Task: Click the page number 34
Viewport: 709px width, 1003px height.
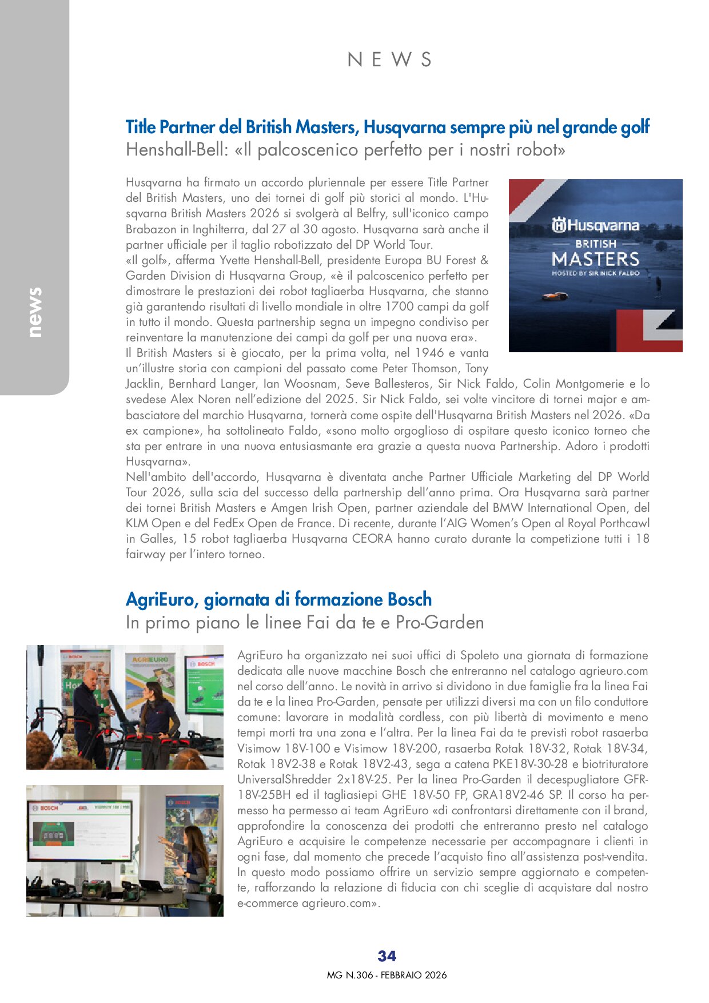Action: tap(387, 956)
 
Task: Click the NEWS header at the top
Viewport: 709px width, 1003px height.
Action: tap(389, 59)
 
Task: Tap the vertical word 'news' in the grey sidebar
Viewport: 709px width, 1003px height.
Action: tap(35, 312)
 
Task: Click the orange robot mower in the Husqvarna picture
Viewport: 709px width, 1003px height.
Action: tap(555, 296)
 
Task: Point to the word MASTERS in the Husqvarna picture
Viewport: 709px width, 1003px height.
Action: tap(595, 259)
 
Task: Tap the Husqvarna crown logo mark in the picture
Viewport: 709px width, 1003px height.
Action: tap(559, 225)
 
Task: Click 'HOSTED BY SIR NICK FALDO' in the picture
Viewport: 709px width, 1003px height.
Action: tap(595, 273)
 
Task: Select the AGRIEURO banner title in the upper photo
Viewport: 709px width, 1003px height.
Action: tap(150, 659)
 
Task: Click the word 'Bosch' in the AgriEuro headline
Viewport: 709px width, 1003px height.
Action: tap(409, 599)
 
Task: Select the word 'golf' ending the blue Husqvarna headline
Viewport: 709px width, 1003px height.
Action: tap(634, 127)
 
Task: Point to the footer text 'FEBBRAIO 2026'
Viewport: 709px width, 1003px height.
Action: tap(413, 975)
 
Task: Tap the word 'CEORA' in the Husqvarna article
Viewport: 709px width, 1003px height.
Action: tap(372, 539)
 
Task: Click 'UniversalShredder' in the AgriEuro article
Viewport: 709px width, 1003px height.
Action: tap(284, 779)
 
